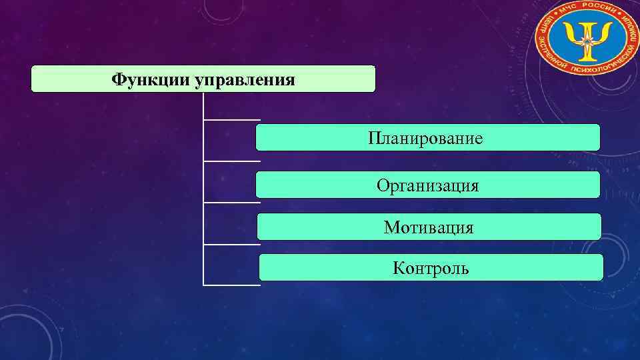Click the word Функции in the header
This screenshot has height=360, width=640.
[150, 81]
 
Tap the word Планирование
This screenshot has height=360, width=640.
[425, 139]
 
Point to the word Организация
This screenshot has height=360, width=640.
[427, 185]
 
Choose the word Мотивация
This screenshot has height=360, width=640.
[429, 227]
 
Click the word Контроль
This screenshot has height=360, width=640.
[431, 269]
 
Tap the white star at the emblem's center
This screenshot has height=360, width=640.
[585, 42]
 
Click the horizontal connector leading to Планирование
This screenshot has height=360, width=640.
[231, 121]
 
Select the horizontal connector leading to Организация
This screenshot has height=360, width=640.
[231, 161]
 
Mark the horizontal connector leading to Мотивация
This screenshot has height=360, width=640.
[231, 202]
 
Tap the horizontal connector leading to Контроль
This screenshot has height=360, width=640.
[231, 244]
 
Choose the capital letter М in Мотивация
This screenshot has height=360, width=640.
[391, 227]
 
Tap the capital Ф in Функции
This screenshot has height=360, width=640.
[119, 81]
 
